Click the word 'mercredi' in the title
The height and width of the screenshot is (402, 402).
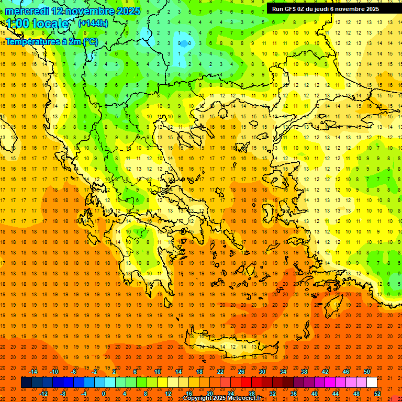point(27,11)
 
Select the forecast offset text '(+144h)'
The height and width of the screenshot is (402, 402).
point(93,23)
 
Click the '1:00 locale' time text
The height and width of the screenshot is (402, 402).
point(38,24)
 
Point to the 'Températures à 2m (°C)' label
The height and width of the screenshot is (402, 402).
point(51,41)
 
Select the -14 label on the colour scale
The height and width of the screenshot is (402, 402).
point(32,372)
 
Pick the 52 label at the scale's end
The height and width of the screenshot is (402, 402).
point(377,394)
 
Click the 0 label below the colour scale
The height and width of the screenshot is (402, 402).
point(104,394)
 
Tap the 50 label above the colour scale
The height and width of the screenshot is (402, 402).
point(367,372)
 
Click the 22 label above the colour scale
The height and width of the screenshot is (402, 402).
point(220,372)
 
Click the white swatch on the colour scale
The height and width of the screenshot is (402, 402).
point(372,383)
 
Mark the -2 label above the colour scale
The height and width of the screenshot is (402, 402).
point(95,372)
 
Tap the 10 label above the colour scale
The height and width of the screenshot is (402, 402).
point(158,372)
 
